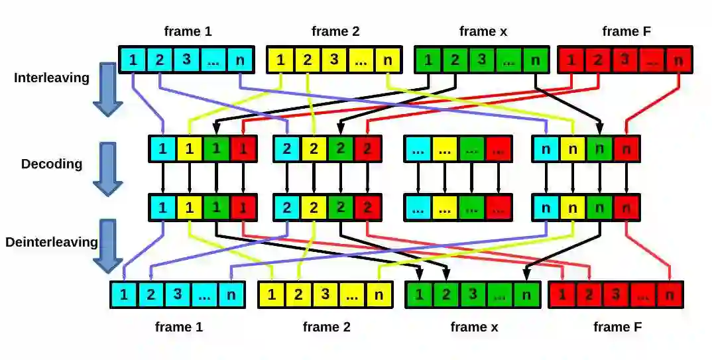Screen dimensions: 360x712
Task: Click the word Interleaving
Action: [52, 78]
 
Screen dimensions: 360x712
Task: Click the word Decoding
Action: [52, 164]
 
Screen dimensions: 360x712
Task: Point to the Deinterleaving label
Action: [52, 242]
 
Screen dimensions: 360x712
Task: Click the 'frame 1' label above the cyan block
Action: [188, 31]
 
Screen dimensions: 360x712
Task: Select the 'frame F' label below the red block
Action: [617, 327]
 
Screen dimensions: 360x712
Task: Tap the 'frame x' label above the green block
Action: [477, 31]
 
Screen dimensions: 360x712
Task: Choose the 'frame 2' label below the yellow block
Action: [326, 327]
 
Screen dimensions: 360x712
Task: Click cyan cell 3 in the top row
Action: [186, 60]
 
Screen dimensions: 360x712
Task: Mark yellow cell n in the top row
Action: [387, 60]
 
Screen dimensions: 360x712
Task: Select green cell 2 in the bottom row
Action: [445, 295]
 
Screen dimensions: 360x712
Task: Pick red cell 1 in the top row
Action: [571, 60]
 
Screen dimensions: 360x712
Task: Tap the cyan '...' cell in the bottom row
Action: [204, 295]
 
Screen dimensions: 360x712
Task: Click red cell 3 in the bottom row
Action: [617, 295]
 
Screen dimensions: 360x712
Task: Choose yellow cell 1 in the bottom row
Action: [272, 295]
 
